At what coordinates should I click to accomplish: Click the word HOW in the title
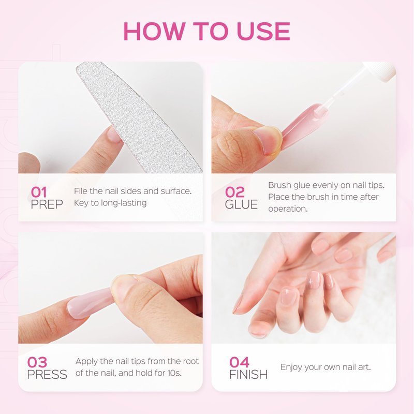point(154,31)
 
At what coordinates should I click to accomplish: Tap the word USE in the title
point(263,31)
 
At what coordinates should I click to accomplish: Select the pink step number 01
point(39,192)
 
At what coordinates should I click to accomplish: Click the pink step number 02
point(235,192)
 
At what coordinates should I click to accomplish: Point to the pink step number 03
point(37,362)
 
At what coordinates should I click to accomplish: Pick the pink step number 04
point(239,362)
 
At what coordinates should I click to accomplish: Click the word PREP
point(47,204)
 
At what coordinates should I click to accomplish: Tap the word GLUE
point(241,204)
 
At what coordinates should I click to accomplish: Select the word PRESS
point(47,374)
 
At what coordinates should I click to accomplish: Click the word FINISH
point(248,374)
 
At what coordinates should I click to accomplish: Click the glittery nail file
point(137,116)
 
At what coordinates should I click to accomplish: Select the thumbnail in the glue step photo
point(267,139)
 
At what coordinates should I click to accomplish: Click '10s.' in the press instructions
point(174,373)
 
